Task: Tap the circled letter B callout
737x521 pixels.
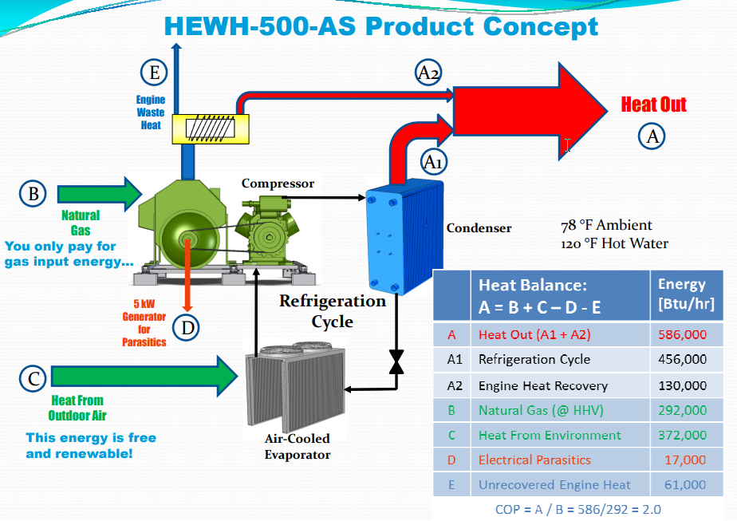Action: point(33,193)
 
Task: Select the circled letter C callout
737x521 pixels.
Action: point(33,378)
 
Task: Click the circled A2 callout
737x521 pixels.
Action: point(428,73)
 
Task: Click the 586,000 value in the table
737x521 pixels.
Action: point(682,335)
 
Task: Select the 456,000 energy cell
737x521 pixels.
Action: point(682,360)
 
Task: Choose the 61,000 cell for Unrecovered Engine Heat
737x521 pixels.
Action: point(685,484)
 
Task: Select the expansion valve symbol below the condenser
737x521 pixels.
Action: point(395,360)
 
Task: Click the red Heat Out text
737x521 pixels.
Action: point(653,105)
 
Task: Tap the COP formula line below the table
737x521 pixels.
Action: point(578,509)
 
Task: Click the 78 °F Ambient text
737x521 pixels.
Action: point(607,226)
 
